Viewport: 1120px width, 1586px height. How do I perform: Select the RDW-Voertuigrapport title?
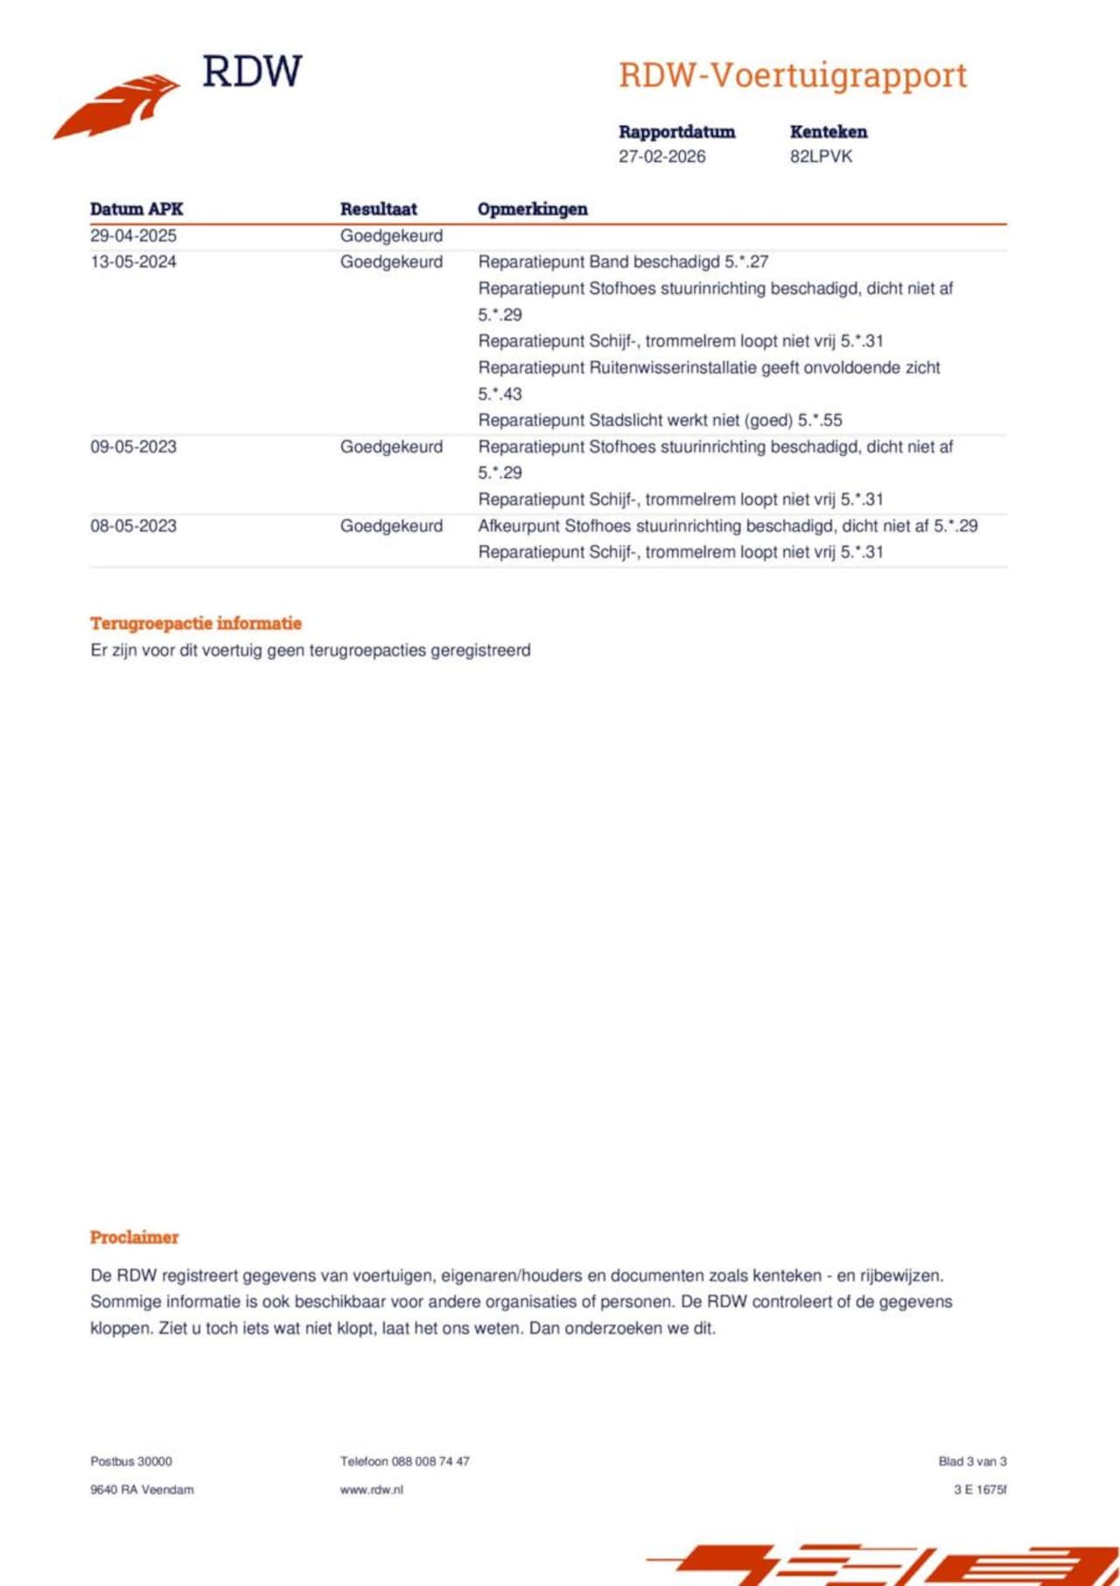793,75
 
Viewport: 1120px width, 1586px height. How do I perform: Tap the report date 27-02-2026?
661,157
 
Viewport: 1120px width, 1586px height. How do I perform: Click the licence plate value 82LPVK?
821,157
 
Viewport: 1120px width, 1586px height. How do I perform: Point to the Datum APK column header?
136,209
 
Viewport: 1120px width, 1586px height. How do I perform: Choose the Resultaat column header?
379,209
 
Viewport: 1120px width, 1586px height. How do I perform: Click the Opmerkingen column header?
532,209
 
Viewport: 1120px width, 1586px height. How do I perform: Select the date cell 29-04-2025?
133,235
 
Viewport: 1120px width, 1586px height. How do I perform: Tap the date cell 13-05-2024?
133,262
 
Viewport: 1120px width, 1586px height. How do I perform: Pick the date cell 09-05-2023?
133,446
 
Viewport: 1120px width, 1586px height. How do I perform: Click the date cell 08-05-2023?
133,526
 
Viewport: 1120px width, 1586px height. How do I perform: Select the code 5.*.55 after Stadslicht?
820,420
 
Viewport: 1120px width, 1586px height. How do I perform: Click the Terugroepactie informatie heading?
196,623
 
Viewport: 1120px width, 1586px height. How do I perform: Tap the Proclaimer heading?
134,1237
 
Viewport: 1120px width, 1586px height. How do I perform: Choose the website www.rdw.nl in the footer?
372,1489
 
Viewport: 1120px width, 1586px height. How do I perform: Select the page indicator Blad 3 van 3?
972,1461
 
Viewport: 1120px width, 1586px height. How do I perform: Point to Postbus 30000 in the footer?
131,1461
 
